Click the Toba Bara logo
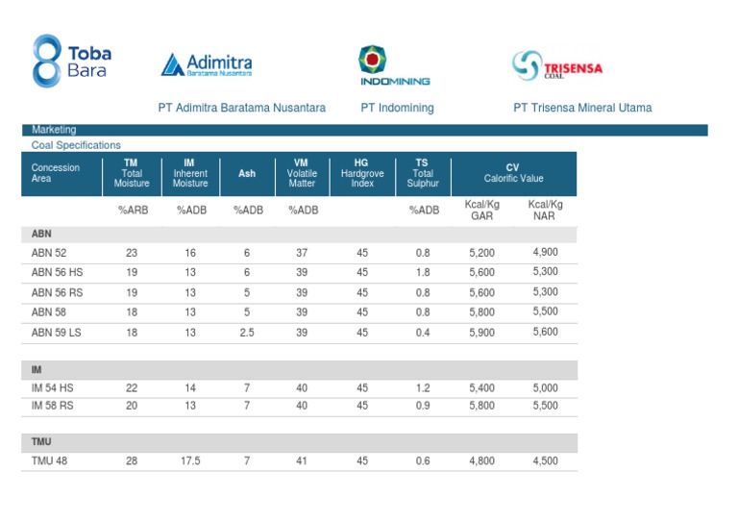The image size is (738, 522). click(x=71, y=62)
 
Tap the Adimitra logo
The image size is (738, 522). click(x=207, y=65)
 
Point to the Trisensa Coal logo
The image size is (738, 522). click(x=557, y=65)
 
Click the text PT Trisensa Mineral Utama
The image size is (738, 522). click(x=582, y=108)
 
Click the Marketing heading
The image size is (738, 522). click(x=54, y=130)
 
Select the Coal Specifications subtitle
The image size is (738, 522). click(x=76, y=145)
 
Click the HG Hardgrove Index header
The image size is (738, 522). click(x=361, y=173)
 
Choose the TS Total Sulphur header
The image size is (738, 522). click(x=423, y=173)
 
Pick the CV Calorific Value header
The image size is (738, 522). click(x=513, y=173)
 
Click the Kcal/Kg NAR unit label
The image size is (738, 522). click(x=545, y=210)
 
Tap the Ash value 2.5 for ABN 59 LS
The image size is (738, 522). click(x=247, y=333)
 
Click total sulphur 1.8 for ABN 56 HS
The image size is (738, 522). click(x=423, y=272)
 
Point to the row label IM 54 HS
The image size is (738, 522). click(x=52, y=386)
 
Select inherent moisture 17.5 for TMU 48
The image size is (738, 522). click(x=190, y=460)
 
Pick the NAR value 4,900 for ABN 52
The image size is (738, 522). click(x=545, y=252)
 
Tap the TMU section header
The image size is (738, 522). click(x=43, y=442)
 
